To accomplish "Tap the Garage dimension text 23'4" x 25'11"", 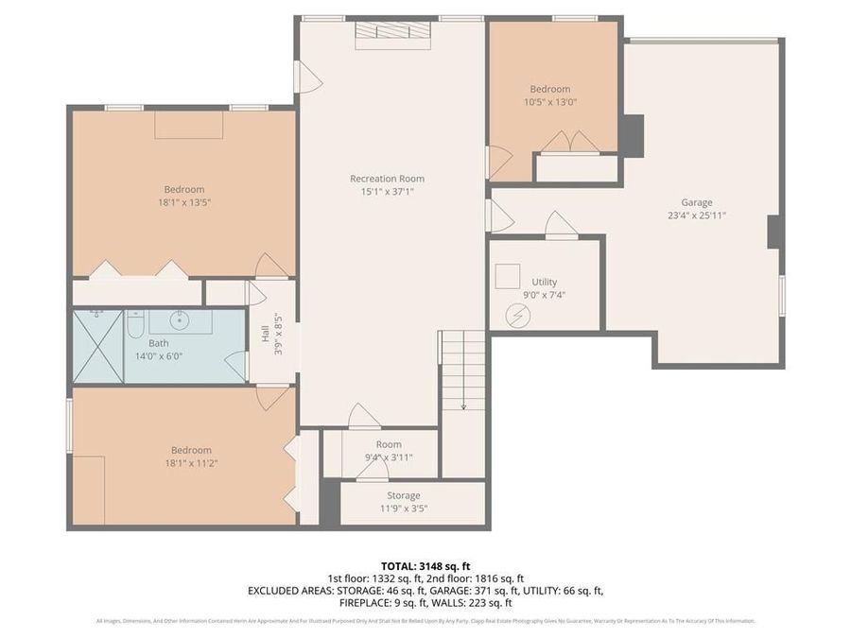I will pos(697,215).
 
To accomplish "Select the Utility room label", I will pos(544,282).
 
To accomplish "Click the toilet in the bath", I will pos(134,327).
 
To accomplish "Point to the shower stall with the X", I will pos(97,346).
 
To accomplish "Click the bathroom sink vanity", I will pos(181,322).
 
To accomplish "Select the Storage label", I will pos(403,495).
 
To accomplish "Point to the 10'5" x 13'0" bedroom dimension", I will pos(550,102).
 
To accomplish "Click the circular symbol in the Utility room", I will pos(518,315).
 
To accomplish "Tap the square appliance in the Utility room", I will pos(508,275).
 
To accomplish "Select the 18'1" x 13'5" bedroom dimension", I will pos(183,201).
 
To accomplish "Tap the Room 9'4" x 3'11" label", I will pos(389,451).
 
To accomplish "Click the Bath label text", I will pos(159,343).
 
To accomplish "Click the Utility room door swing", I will pos(560,226).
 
